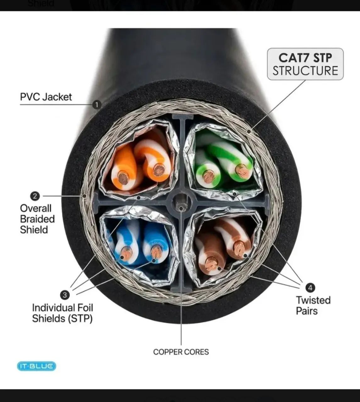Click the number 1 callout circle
tap(97, 105)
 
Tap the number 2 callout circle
tap(35, 196)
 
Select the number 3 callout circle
tap(65, 295)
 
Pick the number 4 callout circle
tap(310, 288)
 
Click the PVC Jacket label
tap(46, 97)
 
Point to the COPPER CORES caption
tap(181, 352)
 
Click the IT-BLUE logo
tap(36, 366)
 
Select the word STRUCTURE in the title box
tap(305, 71)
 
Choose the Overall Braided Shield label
tap(37, 219)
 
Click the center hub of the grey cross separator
tap(181, 203)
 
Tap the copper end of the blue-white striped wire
tap(127, 253)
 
